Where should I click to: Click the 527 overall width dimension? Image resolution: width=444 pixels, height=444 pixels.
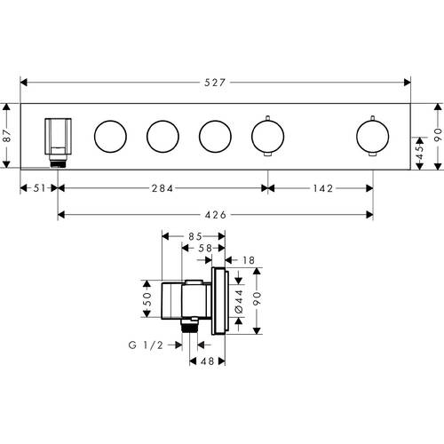(215, 83)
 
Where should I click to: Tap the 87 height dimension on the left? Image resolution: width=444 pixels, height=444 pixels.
(7, 136)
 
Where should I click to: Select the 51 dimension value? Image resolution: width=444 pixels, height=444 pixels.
(40, 188)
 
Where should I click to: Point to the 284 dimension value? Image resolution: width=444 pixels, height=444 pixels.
(163, 188)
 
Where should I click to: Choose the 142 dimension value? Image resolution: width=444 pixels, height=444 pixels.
(323, 188)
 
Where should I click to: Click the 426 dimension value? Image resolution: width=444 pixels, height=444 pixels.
(216, 215)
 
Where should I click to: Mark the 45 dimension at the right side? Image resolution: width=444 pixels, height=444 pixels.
(420, 153)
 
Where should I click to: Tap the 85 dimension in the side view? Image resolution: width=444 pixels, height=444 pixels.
(195, 236)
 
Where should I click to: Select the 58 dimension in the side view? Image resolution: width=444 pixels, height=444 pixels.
(205, 248)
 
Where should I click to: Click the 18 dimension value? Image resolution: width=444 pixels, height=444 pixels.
(249, 260)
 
